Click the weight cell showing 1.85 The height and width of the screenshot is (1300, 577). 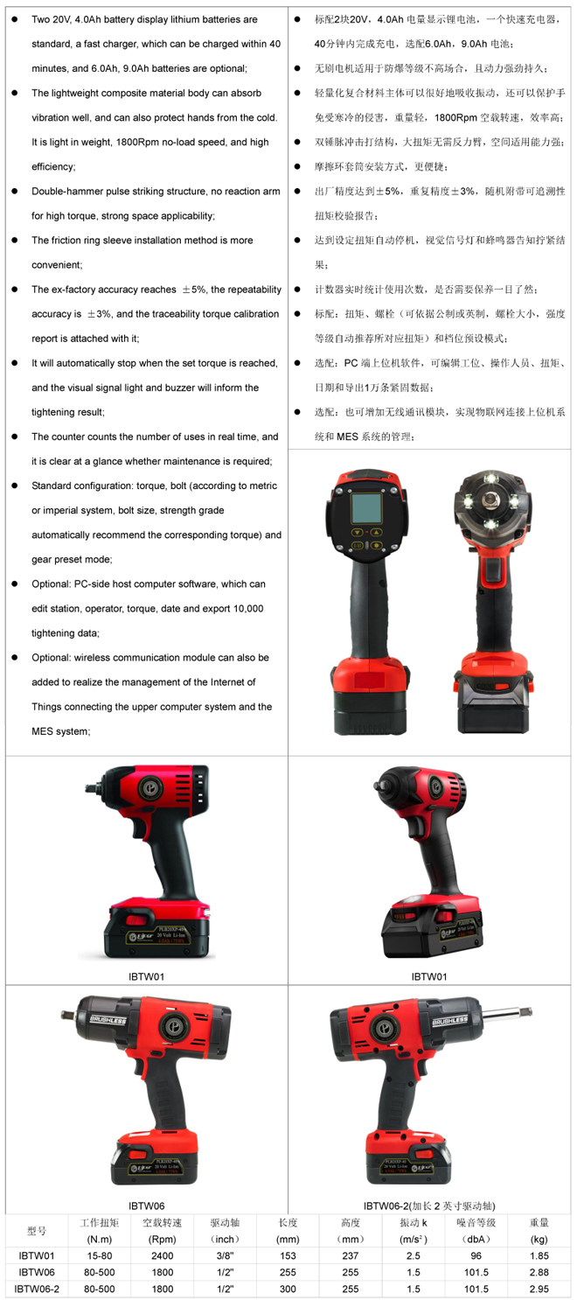(539, 1255)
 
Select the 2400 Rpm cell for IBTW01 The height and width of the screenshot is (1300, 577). (163, 1255)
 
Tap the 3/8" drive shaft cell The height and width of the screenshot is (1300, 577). (225, 1255)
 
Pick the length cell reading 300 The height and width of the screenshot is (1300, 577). (288, 1289)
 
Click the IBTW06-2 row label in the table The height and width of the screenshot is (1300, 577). (37, 1289)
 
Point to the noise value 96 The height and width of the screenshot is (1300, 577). (476, 1255)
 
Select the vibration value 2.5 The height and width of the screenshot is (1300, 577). (414, 1255)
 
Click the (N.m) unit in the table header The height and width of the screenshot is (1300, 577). (99, 1239)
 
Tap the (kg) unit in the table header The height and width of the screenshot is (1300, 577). (539, 1239)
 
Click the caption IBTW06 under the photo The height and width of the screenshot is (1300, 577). (146, 1206)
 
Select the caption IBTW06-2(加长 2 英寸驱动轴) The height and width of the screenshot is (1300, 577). (429, 1206)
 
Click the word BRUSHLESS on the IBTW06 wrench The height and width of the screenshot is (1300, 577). (108, 1019)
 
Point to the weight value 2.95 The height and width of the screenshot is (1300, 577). (539, 1289)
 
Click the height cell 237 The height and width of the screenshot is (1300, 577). (351, 1255)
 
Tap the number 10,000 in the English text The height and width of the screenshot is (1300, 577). (247, 608)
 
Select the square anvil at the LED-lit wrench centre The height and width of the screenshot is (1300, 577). (491, 498)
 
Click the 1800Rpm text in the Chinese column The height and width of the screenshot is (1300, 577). (455, 117)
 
